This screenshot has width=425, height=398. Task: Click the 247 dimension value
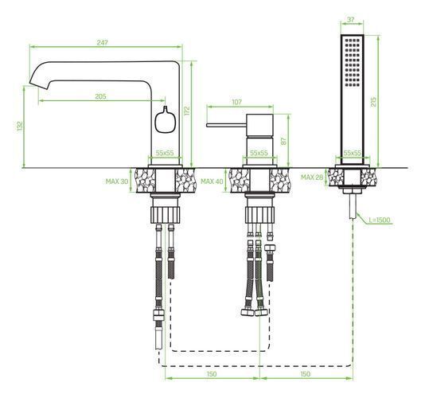pyautogui.click(x=103, y=42)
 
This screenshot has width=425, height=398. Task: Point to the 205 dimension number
pyautogui.click(x=100, y=96)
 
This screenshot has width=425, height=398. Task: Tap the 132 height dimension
pyautogui.click(x=20, y=127)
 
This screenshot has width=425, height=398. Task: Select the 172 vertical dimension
pyautogui.click(x=187, y=111)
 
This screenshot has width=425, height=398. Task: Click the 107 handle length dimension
pyautogui.click(x=236, y=102)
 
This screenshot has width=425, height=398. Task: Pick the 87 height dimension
pyautogui.click(x=284, y=141)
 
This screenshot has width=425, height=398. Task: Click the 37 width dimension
pyautogui.click(x=351, y=20)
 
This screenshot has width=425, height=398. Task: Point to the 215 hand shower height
pyautogui.click(x=373, y=102)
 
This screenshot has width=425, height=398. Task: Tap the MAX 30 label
pyautogui.click(x=117, y=181)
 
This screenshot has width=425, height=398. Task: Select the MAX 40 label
pyautogui.click(x=212, y=181)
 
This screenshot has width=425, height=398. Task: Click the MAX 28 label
pyautogui.click(x=312, y=178)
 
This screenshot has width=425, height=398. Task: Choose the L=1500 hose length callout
pyautogui.click(x=379, y=220)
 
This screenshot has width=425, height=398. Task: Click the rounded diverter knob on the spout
pyautogui.click(x=165, y=121)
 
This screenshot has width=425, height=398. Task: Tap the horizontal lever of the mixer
pyautogui.click(x=226, y=125)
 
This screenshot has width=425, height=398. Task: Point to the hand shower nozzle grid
pyautogui.click(x=353, y=63)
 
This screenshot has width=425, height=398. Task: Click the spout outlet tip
pyautogui.click(x=39, y=85)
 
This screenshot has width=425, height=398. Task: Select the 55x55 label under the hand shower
pyautogui.click(x=353, y=153)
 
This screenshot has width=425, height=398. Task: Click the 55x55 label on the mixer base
pyautogui.click(x=259, y=153)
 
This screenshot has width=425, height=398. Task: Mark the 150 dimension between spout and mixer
pyautogui.click(x=212, y=374)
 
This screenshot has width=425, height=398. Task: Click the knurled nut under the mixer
pyautogui.click(x=259, y=215)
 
